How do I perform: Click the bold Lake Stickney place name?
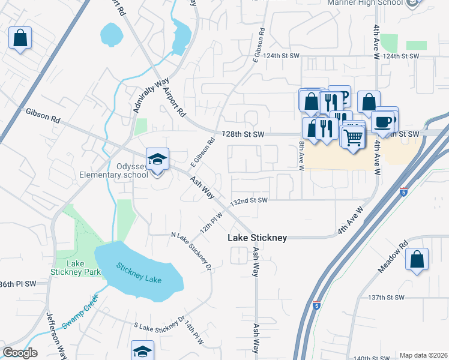pyautogui.click(x=257, y=238)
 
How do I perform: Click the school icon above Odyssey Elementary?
pyautogui.click(x=157, y=160)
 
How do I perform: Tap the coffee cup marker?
pyautogui.click(x=382, y=122)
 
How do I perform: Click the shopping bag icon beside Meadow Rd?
pyautogui.click(x=417, y=260)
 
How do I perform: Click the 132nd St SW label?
pyautogui.click(x=249, y=200)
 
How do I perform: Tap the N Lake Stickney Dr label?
pyautogui.click(x=192, y=250)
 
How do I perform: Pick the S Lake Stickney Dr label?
pyautogui.click(x=158, y=319)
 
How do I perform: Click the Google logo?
pyautogui.click(x=20, y=353)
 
